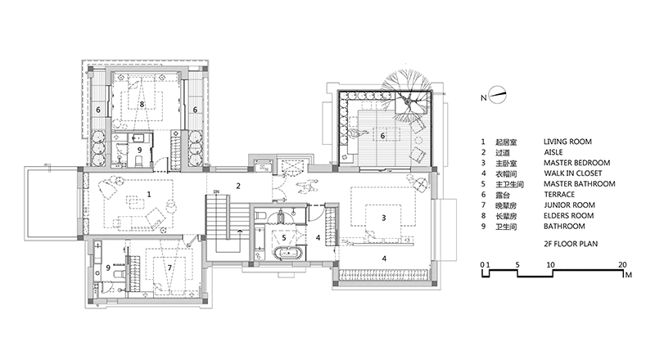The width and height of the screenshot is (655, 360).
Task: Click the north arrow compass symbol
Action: (x=498, y=94)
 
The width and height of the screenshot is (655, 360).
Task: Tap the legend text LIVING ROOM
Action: (x=567, y=142)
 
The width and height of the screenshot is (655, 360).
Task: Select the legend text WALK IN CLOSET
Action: (x=572, y=173)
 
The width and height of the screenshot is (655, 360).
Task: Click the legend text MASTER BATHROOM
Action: (x=579, y=184)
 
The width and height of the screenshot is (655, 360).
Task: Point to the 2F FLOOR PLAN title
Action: (x=570, y=244)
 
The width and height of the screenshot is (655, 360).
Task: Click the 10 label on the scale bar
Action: (x=550, y=265)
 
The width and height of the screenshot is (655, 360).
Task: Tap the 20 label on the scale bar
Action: (x=622, y=265)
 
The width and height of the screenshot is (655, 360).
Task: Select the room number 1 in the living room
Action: (x=149, y=194)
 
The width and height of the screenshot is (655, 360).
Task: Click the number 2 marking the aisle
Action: (x=238, y=187)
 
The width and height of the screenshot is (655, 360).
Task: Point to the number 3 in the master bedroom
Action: (x=383, y=218)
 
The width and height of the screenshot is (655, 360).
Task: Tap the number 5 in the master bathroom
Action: (x=284, y=238)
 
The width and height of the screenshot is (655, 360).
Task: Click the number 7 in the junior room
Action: (x=169, y=268)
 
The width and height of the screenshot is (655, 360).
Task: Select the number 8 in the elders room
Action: (x=142, y=104)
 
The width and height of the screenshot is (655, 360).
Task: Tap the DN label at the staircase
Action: (x=216, y=192)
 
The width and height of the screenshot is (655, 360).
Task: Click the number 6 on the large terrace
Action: (x=382, y=136)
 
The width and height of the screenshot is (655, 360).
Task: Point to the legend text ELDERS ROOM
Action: (x=568, y=216)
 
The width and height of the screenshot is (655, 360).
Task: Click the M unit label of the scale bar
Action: (x=629, y=275)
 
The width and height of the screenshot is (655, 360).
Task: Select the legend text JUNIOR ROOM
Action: (x=569, y=205)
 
